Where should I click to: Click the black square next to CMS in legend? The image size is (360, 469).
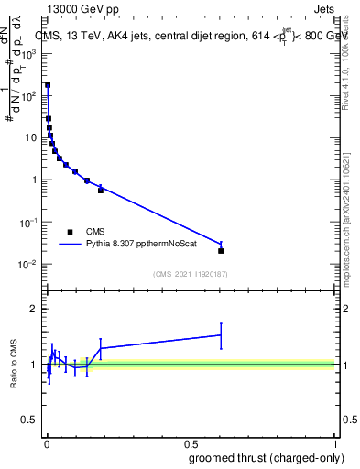tap(70, 231)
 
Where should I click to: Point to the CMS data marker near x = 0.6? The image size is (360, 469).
tap(221, 250)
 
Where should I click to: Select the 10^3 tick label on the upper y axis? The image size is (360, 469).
tap(30, 53)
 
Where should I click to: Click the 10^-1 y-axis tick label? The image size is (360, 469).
tap(30, 223)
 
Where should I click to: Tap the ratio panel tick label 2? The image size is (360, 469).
tap(34, 309)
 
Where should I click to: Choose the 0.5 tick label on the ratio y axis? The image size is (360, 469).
tap(30, 421)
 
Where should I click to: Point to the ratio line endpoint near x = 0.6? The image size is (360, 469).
tap(221, 335)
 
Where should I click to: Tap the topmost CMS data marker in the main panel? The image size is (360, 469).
tap(48, 85)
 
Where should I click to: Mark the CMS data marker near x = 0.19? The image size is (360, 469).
tap(101, 190)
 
